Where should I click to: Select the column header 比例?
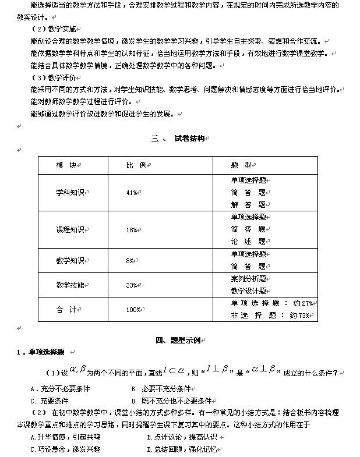tap(136, 166)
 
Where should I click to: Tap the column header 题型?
tap(241, 166)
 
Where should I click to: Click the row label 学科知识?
tap(69, 192)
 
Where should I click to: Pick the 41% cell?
tap(132, 193)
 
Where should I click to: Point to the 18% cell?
tap(132, 230)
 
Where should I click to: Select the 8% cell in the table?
tap(130, 260)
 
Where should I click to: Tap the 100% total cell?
tap(133, 310)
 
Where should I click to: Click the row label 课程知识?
tap(69, 229)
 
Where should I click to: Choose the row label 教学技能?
tap(69, 285)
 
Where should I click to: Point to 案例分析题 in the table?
tap(248, 279)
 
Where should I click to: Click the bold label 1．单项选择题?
tap(40, 352)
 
